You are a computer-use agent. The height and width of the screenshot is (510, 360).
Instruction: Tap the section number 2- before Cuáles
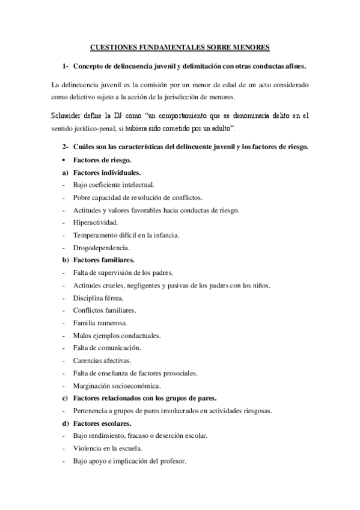[x=64, y=147]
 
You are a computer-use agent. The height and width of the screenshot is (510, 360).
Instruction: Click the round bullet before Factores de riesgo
[x=64, y=160]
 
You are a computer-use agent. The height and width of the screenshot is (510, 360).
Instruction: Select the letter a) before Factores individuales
[x=64, y=173]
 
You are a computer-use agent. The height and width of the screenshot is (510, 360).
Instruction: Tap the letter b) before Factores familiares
[x=64, y=260]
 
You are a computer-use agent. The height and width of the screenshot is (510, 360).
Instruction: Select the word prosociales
[x=177, y=373]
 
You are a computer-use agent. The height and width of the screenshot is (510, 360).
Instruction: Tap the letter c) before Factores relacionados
[x=64, y=398]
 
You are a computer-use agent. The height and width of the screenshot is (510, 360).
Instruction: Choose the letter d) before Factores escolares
[x=64, y=423]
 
